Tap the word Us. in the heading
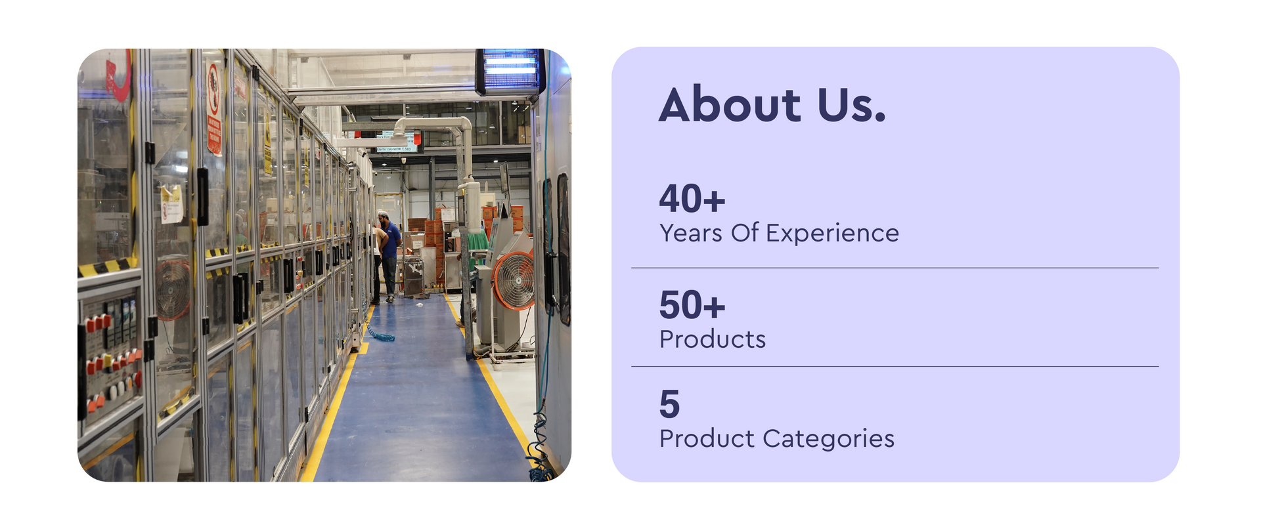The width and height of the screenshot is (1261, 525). click(x=852, y=104)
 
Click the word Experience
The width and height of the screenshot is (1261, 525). click(x=832, y=234)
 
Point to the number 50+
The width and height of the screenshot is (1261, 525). click(x=692, y=304)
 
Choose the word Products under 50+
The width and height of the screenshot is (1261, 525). click(x=713, y=339)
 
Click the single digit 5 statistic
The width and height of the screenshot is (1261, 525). click(x=670, y=404)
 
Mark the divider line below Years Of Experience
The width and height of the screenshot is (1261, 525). click(x=895, y=268)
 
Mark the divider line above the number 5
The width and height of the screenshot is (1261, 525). click(x=895, y=366)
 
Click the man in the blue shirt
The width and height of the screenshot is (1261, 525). click(x=389, y=257)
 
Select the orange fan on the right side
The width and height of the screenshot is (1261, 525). click(x=514, y=281)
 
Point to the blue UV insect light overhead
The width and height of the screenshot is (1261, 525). click(x=510, y=71)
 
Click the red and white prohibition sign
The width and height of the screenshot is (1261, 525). click(x=213, y=108)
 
